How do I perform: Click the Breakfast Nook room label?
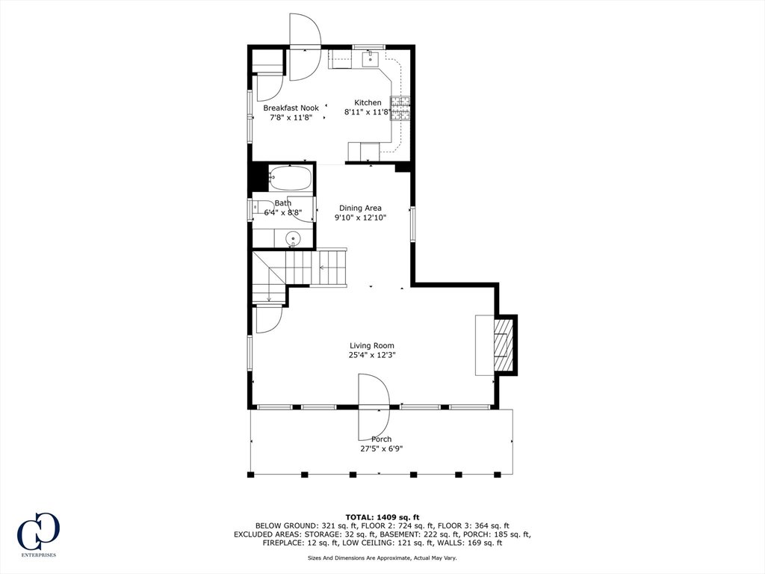click(291, 108)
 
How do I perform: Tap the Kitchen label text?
click(368, 102)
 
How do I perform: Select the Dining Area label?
click(361, 208)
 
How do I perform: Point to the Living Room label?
click(372, 345)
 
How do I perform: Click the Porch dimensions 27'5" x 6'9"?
click(382, 448)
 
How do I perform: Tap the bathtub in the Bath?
click(291, 179)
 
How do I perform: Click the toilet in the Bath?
click(264, 209)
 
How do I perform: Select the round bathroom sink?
click(293, 238)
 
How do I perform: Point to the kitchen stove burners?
click(400, 108)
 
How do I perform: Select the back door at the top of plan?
click(305, 47)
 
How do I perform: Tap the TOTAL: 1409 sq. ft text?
click(382, 517)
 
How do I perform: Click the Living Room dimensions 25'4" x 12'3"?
click(372, 355)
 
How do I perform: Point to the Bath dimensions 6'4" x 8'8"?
click(283, 212)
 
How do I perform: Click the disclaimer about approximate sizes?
click(382, 558)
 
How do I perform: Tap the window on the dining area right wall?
click(412, 223)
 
